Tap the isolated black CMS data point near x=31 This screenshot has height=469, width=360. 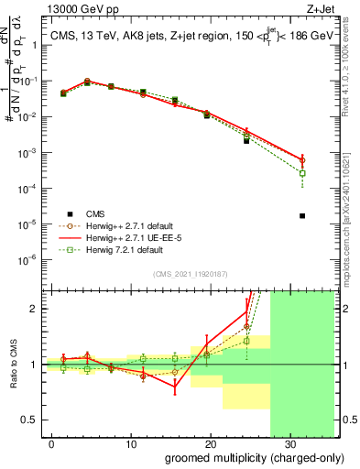(302, 216)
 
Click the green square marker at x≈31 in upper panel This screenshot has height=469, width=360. (302, 173)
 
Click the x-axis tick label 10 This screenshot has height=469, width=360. (131, 443)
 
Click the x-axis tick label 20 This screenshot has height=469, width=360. (210, 443)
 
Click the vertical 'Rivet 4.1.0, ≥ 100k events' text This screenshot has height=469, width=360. (352, 88)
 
